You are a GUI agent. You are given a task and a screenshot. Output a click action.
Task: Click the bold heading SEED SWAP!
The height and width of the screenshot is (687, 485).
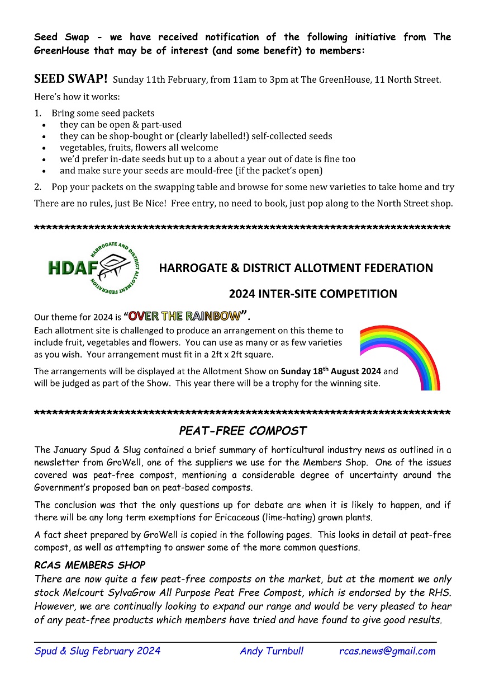coord(71,78)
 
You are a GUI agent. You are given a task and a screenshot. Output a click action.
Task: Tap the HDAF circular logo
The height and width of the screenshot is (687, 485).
coord(94,268)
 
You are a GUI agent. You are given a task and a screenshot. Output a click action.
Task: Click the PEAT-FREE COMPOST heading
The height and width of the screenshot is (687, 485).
coord(242,431)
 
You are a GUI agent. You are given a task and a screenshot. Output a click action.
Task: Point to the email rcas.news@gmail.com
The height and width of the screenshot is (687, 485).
coord(387,651)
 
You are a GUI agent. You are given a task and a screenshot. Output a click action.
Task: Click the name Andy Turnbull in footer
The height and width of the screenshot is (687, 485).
coord(272,651)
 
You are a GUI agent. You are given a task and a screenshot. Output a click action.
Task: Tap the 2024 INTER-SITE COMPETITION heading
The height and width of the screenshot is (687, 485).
coord(313,294)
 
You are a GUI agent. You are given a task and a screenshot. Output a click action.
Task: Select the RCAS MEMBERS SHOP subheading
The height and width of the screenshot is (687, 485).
coord(89,565)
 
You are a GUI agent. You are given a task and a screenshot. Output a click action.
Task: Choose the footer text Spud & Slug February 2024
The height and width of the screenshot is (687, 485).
coord(98,651)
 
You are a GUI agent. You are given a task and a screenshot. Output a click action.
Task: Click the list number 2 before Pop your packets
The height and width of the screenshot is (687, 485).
coord(37,187)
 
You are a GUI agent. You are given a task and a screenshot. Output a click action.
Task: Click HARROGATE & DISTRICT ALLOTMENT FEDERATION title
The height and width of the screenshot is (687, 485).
coord(296,268)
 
